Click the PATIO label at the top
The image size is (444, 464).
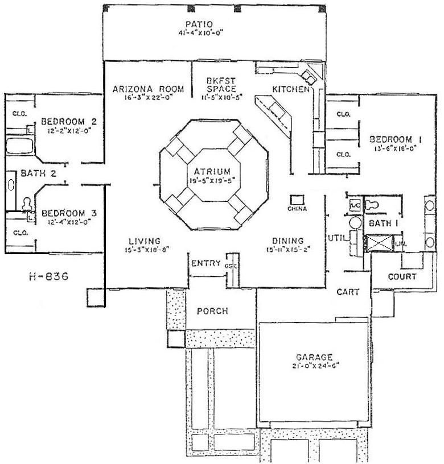coord(199,24)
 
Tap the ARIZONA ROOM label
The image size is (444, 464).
coord(148,89)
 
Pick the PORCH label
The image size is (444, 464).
coord(212,311)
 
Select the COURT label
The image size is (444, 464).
coord(402,276)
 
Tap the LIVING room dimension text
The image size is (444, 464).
coord(144,249)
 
